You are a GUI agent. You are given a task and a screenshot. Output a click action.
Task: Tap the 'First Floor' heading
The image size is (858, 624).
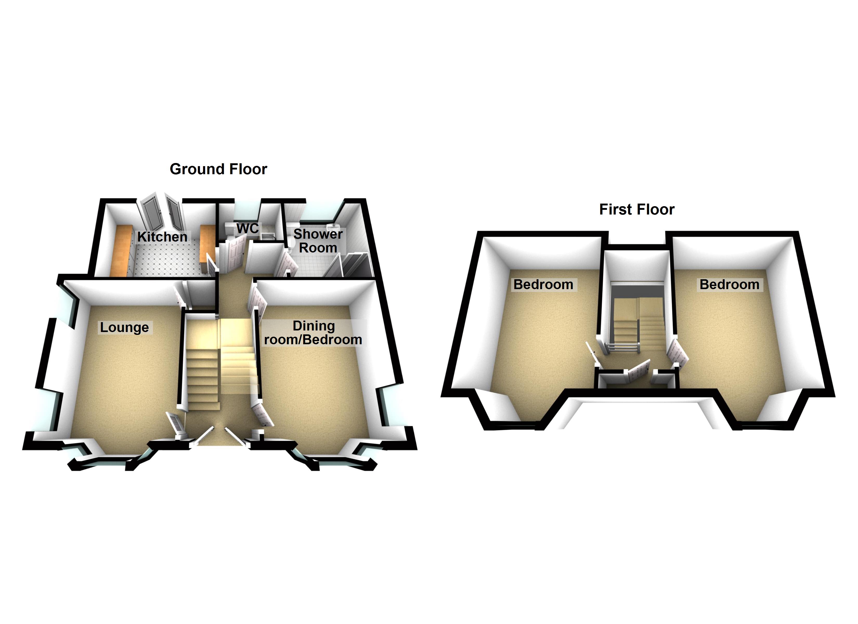pyautogui.click(x=637, y=209)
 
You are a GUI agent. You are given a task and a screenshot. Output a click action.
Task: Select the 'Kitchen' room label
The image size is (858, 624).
pyautogui.click(x=162, y=237)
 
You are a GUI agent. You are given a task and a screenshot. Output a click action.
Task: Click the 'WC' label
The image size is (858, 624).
pyautogui.click(x=248, y=228)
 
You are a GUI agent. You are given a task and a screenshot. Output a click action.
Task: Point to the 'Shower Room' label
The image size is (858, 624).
pyautogui.click(x=318, y=241)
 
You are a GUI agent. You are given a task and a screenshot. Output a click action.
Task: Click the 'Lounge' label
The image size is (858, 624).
pyautogui.click(x=125, y=327)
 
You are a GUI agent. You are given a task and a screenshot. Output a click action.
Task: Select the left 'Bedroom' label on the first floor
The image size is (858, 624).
pyautogui.click(x=543, y=284)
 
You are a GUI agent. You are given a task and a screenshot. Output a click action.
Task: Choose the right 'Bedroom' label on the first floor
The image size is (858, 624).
pyautogui.click(x=729, y=284)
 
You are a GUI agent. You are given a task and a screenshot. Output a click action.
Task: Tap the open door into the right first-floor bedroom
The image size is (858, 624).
pyautogui.click(x=677, y=353)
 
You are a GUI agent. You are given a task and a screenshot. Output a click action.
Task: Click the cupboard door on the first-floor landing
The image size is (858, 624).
pyautogui.click(x=639, y=372)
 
